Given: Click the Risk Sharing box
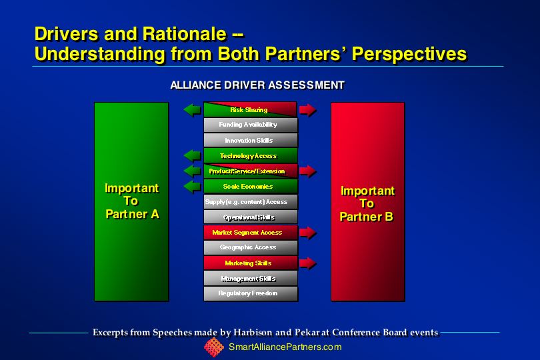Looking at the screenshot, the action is (251, 109).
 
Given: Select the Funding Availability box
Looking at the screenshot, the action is (251, 125).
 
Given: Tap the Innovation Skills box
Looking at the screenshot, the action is (251, 140).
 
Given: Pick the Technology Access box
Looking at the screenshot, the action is (251, 156).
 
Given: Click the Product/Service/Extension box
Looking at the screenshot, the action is (251, 171).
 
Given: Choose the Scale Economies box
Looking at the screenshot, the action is (251, 187).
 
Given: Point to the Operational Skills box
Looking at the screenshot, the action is (251, 217).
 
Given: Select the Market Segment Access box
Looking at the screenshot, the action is (251, 233).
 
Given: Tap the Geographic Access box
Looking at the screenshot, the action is (251, 248).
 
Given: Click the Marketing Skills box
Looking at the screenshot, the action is (251, 263).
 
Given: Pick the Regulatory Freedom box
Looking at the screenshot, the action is (251, 293).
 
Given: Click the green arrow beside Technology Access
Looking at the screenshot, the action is (192, 156).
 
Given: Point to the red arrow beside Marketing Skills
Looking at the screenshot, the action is (308, 263).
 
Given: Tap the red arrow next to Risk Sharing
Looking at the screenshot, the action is (308, 110).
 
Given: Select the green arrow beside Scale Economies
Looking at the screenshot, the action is (192, 187).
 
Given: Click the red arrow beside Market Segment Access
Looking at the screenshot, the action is (308, 233).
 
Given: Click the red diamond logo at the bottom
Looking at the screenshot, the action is (214, 347).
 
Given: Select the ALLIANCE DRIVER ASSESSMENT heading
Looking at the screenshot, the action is (257, 85).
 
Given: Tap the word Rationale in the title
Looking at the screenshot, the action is (184, 34).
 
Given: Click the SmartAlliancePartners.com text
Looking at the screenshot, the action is (285, 347).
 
